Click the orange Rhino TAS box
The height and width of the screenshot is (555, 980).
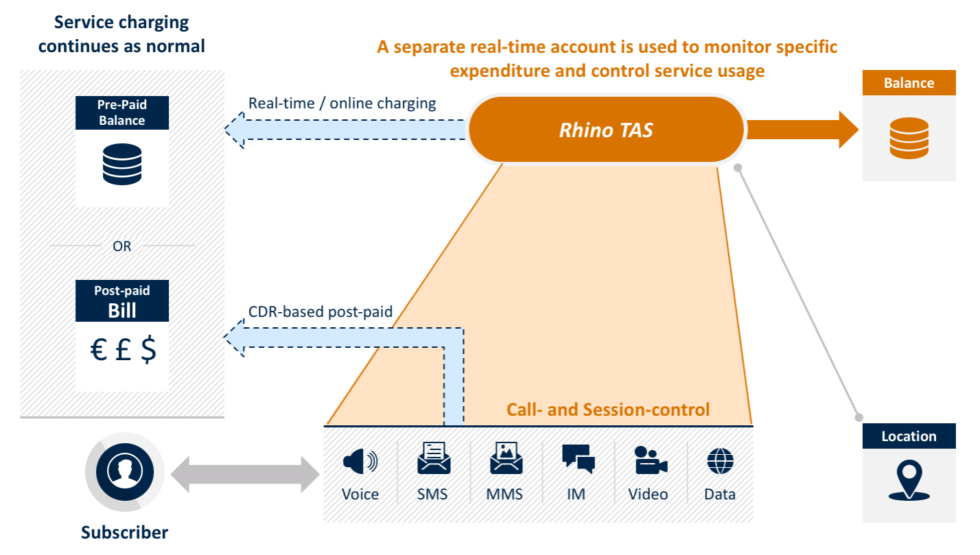(x=606, y=130)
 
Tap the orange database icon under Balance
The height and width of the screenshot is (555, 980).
(x=908, y=138)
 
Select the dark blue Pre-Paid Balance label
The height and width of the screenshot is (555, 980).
(x=121, y=113)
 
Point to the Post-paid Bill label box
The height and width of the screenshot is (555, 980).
(x=121, y=301)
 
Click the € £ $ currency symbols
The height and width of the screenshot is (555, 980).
(x=123, y=350)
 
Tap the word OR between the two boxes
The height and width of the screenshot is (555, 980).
(x=121, y=246)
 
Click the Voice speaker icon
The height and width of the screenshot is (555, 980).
(x=360, y=462)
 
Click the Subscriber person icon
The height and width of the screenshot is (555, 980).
(x=124, y=472)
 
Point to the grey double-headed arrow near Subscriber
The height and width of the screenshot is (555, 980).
(x=245, y=474)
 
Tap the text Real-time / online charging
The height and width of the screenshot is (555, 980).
(x=342, y=104)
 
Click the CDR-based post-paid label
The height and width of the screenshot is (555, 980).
(x=320, y=312)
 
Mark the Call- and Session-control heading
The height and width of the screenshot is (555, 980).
(x=608, y=410)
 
